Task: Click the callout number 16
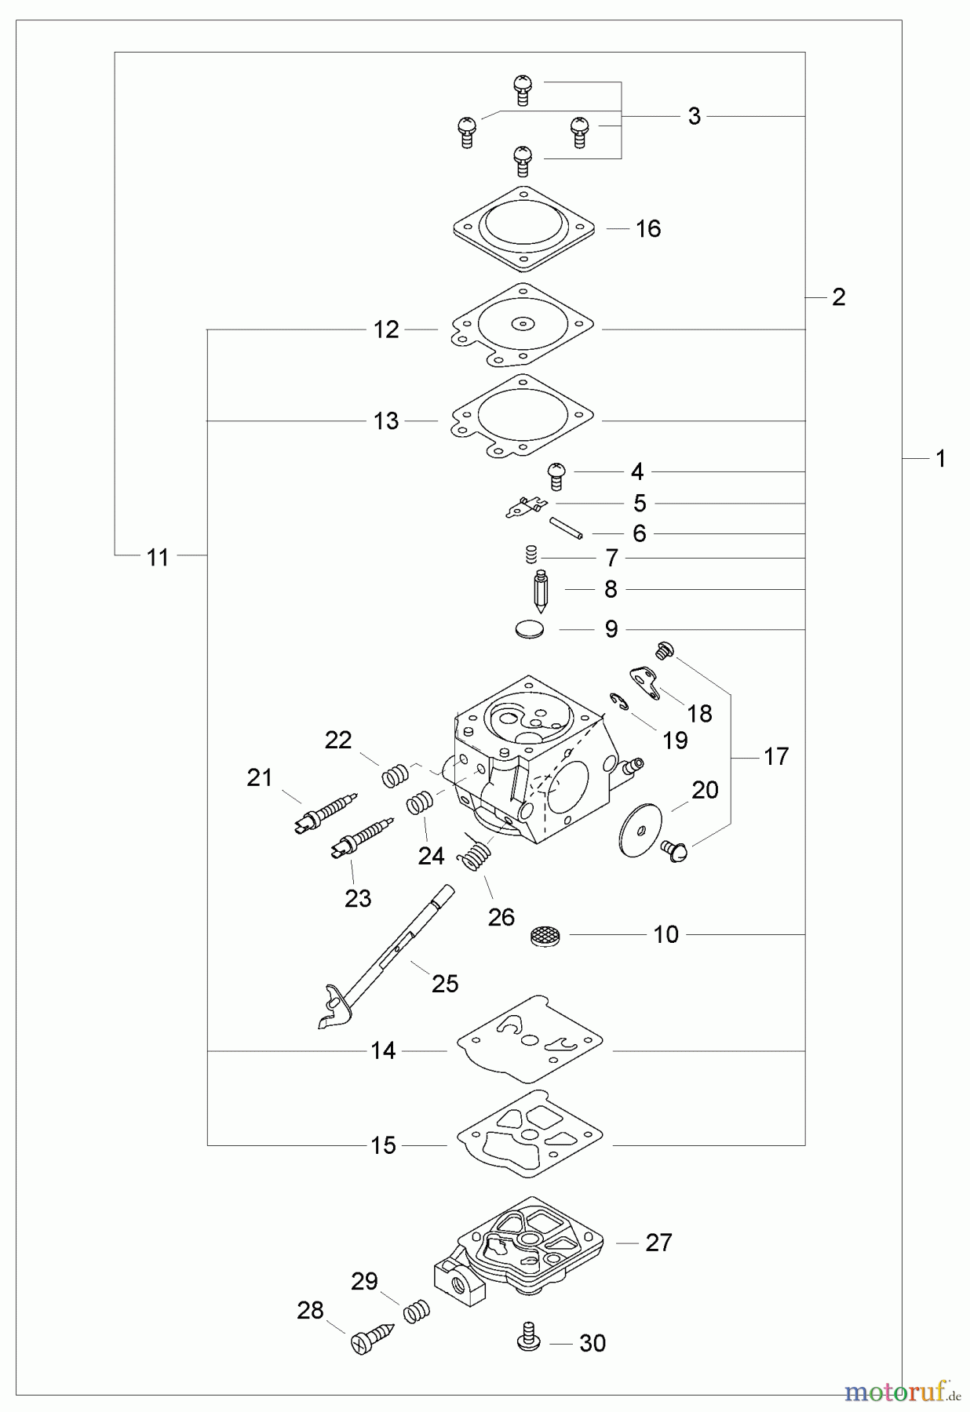click(648, 229)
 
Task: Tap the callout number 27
click(658, 1243)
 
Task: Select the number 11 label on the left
click(158, 558)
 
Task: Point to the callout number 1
click(941, 459)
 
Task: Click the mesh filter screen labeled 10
click(543, 935)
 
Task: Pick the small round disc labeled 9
click(531, 629)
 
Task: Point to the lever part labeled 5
click(524, 508)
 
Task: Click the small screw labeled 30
click(528, 1343)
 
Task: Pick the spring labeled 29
click(417, 1312)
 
